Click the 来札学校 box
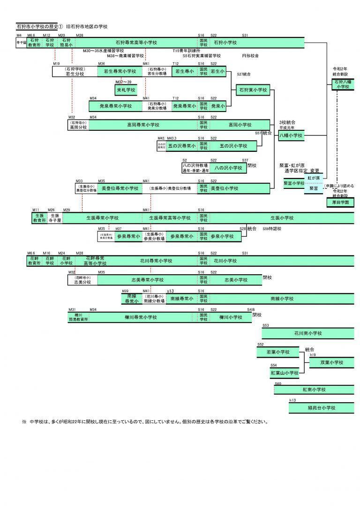pos(126,90)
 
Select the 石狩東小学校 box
pos(253,90)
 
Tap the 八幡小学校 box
pos(291,135)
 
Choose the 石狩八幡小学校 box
pos(341,84)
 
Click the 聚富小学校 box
pos(294,183)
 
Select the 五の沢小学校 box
pos(233,146)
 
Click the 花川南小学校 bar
pos(307,334)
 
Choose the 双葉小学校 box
pos(332,362)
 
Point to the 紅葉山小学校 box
pos(284,373)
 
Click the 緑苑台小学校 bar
pos(321,408)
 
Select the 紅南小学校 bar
pos(314,389)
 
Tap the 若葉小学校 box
pos(278,352)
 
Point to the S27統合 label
pos(244,74)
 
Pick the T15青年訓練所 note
pos(186,50)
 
